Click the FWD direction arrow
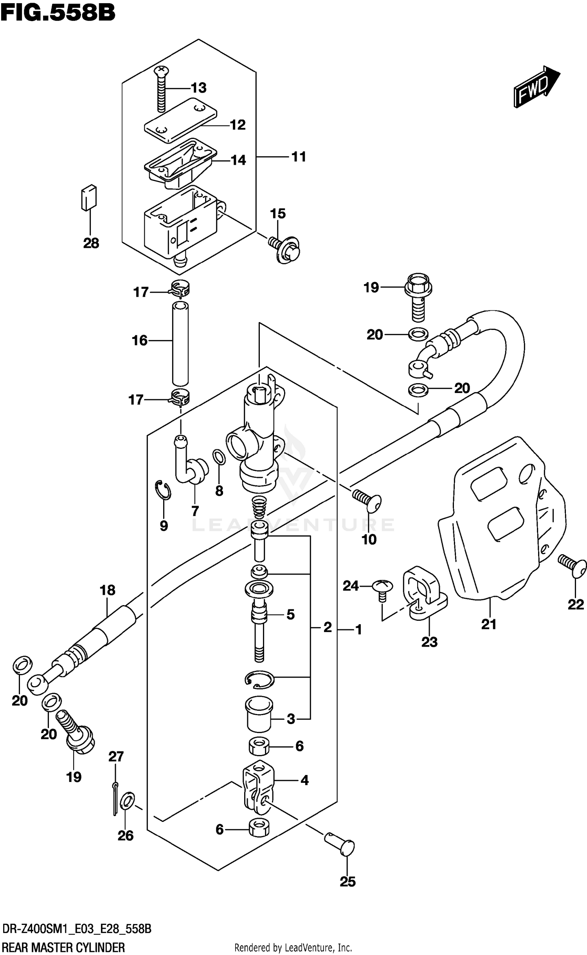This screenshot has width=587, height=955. coord(537,87)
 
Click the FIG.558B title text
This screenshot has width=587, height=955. coord(58,13)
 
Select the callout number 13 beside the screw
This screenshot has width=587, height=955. coord(198,88)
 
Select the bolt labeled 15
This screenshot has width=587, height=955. coord(285,249)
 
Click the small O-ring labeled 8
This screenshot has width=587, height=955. coord(219,457)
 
